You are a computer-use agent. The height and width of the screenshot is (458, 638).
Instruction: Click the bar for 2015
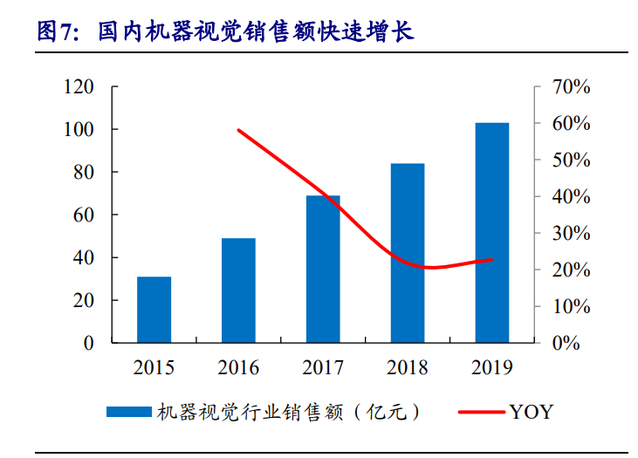click(x=154, y=310)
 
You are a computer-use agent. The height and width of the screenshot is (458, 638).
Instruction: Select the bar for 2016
click(x=238, y=291)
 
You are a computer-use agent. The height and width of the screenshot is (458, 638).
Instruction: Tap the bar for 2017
click(x=323, y=269)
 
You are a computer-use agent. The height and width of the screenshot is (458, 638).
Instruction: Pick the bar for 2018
click(x=408, y=253)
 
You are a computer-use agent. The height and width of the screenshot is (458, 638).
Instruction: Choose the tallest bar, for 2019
click(x=492, y=233)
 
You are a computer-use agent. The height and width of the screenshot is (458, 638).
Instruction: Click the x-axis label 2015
click(x=154, y=367)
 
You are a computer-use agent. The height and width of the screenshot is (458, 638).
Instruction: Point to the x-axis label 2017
click(x=323, y=367)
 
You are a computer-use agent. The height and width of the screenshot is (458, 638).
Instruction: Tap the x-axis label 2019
click(x=492, y=367)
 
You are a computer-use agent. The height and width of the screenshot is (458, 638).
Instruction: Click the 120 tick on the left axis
click(x=78, y=87)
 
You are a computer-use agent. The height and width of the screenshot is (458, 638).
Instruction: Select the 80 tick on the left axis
click(x=82, y=173)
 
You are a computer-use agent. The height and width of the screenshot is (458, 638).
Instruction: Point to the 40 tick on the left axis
click(x=82, y=258)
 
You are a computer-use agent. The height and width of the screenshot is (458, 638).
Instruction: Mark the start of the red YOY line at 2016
click(x=238, y=130)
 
